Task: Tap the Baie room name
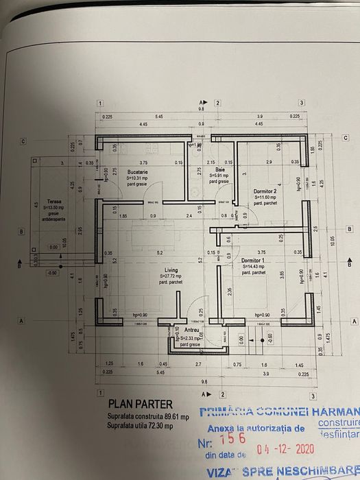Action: pos(219,169)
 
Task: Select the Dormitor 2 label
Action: pos(265,191)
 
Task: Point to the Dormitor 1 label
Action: pos(253,261)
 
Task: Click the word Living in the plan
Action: pos(161,269)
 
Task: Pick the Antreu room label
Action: pos(191,330)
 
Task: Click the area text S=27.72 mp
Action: pos(161,275)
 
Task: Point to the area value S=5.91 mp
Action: pos(219,175)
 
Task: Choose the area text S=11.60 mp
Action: pos(265,198)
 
